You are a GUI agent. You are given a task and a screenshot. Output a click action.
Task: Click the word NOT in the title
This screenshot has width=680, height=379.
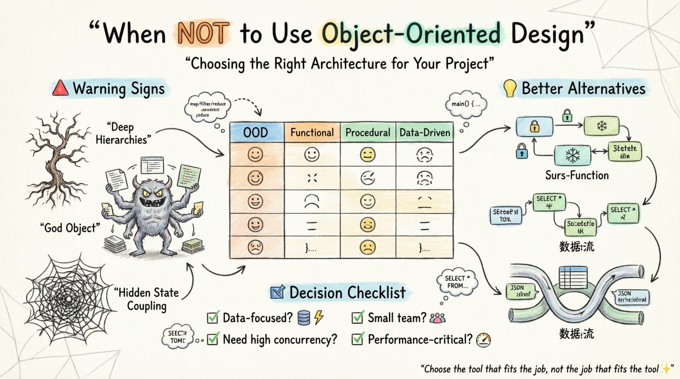point(203,33)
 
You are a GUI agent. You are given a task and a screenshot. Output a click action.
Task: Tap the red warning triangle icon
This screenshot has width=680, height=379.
point(60,88)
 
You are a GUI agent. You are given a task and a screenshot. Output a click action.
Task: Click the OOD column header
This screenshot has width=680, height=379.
point(256,132)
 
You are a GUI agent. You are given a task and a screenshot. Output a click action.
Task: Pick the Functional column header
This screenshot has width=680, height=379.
point(312,132)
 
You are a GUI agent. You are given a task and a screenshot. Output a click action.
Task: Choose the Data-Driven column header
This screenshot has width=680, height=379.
point(425,132)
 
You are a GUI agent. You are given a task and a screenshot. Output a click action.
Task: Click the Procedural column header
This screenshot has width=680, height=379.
point(368,132)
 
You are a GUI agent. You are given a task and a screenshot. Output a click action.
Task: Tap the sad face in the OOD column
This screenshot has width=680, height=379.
point(256,247)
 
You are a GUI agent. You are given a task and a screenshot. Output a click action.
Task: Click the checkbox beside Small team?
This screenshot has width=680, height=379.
point(358,317)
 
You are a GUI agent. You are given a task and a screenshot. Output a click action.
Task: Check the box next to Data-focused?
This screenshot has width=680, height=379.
point(213,317)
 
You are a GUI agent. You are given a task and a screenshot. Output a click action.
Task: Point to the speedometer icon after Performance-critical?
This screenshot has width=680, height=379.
point(484,340)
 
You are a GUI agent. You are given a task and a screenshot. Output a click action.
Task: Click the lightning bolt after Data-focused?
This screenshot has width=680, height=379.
point(319,317)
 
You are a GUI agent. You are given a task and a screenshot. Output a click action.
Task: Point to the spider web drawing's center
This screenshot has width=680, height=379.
point(69,300)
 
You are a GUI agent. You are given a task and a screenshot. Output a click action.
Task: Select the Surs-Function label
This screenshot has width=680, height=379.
point(577,176)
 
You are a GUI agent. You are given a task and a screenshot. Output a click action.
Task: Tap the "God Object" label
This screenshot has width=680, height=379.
point(70,228)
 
